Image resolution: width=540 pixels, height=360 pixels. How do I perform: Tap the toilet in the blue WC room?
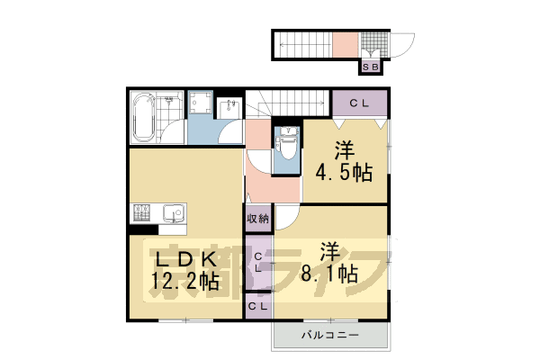tap(288, 148)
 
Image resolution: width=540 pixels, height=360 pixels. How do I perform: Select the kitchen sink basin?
tap(173, 214)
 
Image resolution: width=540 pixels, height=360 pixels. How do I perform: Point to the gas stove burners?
tap(142, 214)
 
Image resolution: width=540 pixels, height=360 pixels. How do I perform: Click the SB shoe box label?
tap(371, 65)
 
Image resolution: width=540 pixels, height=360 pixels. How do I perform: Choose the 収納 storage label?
tap(256, 219)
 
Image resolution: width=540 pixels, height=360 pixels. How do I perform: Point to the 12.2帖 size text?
tap(184, 282)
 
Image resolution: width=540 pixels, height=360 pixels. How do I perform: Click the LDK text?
tap(180, 258)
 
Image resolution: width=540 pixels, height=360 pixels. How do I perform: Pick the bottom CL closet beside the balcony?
tap(257, 307)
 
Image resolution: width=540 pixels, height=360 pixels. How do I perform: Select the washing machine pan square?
tap(201, 105)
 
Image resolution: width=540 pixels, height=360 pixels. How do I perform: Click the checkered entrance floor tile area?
tap(371, 43)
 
